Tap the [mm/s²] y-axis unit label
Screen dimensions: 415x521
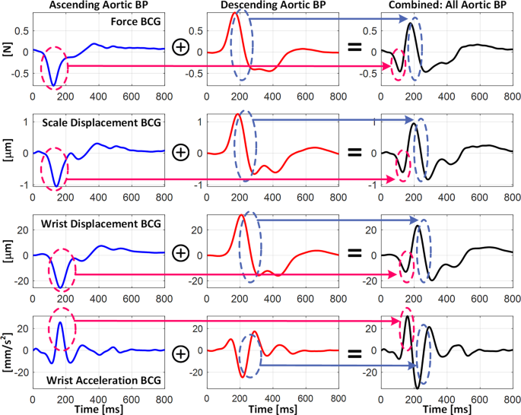point(8,350)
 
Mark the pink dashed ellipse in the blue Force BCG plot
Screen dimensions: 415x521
point(56,67)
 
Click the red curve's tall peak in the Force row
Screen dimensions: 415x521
point(235,14)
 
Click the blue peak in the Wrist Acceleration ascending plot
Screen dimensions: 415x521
point(60,323)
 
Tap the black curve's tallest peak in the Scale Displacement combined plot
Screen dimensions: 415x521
point(415,125)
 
